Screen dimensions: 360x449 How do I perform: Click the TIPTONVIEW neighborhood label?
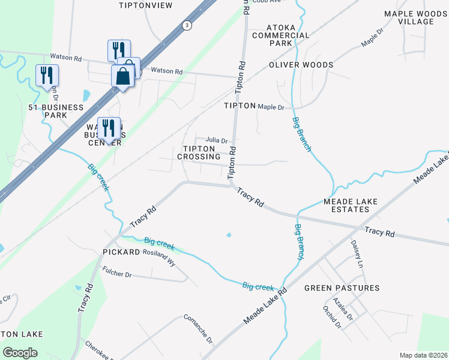(x=146, y=5)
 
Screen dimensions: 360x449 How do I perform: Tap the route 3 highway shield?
(x=188, y=25)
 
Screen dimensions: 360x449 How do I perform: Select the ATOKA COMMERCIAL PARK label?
(x=289, y=35)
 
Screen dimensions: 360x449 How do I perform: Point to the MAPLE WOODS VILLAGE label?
(x=417, y=17)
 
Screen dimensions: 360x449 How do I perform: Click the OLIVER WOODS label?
(x=301, y=65)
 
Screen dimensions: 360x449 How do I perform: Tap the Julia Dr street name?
(x=216, y=141)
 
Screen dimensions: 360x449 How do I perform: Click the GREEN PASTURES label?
(x=342, y=288)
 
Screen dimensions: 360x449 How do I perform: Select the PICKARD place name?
(x=121, y=253)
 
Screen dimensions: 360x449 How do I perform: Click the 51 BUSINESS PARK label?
(x=56, y=111)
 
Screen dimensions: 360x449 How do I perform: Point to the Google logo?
(x=20, y=353)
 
